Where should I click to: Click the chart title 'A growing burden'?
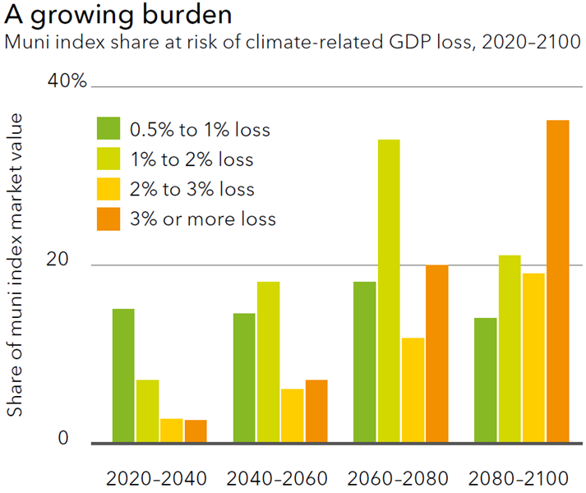tap(118, 16)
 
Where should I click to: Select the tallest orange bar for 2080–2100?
tap(558, 282)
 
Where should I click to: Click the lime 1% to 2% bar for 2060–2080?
tap(389, 291)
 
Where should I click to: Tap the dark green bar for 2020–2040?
tap(123, 376)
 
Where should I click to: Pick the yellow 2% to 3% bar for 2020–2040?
tap(172, 431)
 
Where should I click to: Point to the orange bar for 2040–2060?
tap(316, 411)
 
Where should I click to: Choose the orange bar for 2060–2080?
tap(437, 354)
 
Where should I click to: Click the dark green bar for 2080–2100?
tap(486, 380)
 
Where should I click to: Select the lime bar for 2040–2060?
tap(268, 362)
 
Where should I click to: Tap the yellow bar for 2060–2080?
tap(413, 390)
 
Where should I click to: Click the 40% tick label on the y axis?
tap(67, 81)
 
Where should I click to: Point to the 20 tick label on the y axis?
tap(58, 259)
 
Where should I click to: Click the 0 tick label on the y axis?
tap(63, 438)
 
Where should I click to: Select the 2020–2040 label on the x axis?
tap(156, 478)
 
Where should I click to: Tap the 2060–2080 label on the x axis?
tap(398, 478)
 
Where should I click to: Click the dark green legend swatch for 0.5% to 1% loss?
tap(108, 128)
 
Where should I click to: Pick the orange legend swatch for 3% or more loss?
tap(108, 219)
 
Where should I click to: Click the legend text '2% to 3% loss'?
tap(192, 189)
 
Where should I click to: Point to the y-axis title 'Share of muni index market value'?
tap(15, 265)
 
